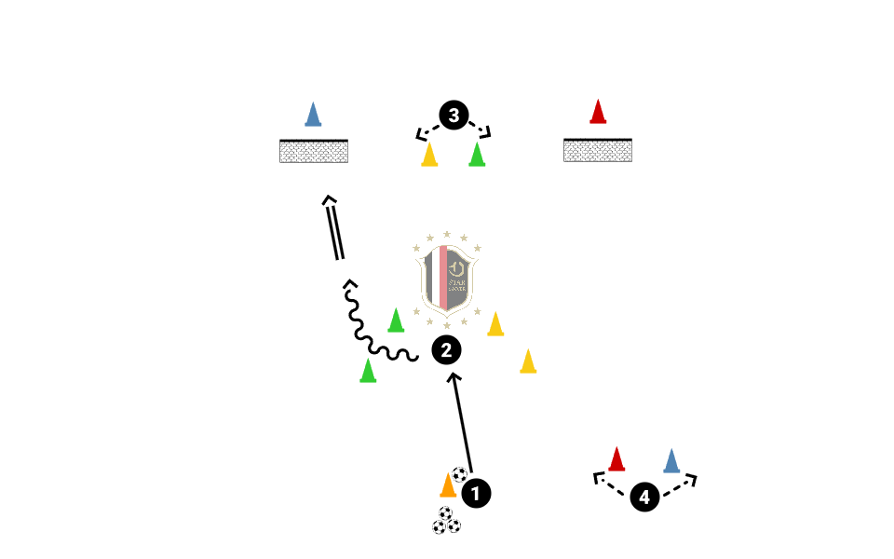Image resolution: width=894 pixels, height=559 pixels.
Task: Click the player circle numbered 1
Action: (476, 493)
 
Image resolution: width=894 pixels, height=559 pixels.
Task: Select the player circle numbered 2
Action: (446, 350)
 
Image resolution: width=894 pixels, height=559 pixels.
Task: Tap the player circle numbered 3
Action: (454, 116)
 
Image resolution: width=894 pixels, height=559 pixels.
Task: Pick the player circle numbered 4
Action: (644, 497)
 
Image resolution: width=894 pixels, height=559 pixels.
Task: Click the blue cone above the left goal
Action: (314, 114)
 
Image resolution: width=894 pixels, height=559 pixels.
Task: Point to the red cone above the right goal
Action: (598, 112)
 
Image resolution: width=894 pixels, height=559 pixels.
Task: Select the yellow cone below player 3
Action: (429, 155)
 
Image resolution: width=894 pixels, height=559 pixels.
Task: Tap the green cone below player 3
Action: (477, 155)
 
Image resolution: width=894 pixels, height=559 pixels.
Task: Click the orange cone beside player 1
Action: (448, 485)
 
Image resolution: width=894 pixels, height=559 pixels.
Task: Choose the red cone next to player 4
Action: (616, 459)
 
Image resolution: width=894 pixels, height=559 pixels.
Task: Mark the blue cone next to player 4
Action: (671, 461)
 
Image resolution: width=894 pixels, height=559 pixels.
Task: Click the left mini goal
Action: (314, 151)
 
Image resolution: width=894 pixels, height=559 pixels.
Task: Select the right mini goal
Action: (598, 150)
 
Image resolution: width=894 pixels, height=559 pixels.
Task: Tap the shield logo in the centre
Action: (447, 279)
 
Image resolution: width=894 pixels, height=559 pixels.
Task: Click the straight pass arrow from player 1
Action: (463, 424)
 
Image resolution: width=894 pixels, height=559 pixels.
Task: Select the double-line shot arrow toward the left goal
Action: (334, 228)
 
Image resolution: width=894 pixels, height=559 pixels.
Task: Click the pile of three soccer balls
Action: (446, 521)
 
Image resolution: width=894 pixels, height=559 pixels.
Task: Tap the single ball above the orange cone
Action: (460, 474)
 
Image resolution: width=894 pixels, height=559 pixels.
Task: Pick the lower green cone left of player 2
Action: (368, 372)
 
